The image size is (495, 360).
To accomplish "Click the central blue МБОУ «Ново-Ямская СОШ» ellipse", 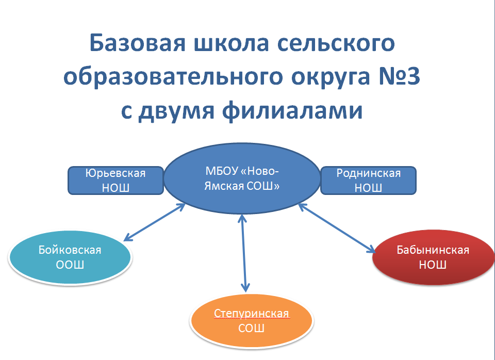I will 241,178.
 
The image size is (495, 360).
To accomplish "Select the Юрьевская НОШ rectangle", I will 115,180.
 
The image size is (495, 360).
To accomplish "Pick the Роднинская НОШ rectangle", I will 368,180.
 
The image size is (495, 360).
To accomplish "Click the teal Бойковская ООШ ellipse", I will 70,257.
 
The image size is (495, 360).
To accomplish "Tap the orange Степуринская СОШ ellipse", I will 251,321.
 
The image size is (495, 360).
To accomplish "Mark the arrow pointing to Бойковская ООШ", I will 155,222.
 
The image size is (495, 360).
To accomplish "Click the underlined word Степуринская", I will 251,314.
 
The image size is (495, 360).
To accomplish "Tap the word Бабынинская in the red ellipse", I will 433,250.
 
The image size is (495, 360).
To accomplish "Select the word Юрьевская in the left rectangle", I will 115,173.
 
